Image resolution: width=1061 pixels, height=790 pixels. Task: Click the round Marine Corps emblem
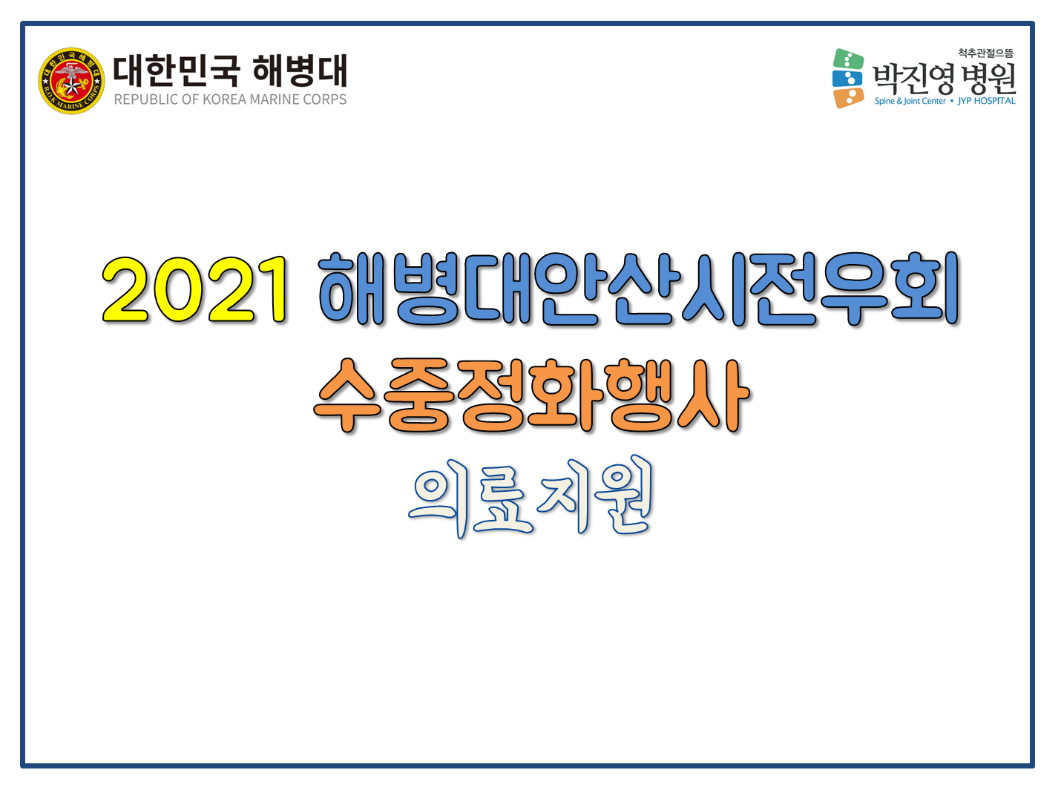click(x=71, y=81)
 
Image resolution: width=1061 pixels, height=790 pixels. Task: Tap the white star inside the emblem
click(x=72, y=87)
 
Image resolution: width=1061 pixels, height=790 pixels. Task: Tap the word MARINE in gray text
click(x=275, y=99)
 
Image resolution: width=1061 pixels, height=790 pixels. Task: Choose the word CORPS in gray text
click(x=325, y=99)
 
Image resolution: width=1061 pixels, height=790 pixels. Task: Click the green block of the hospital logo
click(x=847, y=59)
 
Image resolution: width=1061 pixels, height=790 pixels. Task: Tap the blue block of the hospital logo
click(x=847, y=79)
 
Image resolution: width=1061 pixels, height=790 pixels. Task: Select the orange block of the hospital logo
click(x=848, y=98)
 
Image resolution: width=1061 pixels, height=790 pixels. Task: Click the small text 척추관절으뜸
click(x=985, y=53)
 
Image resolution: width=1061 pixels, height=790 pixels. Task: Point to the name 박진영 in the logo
click(x=913, y=79)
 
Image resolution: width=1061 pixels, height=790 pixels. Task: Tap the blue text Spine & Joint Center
click(x=910, y=102)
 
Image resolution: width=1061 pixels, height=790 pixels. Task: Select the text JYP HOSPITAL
click(x=986, y=102)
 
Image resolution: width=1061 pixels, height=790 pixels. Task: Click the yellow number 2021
click(x=195, y=289)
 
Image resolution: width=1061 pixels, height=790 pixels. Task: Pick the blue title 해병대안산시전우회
click(x=639, y=289)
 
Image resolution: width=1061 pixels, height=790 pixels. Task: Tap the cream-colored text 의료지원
click(x=530, y=497)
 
